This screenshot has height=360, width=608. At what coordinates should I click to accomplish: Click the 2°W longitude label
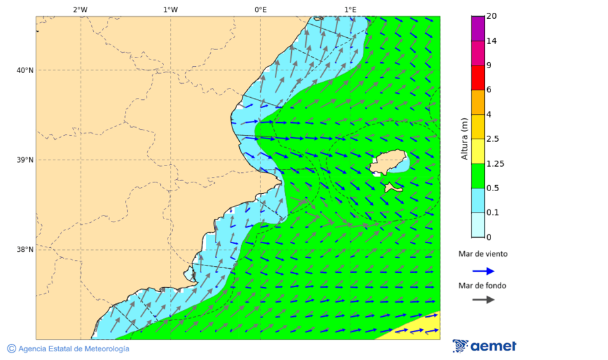[x=80, y=9]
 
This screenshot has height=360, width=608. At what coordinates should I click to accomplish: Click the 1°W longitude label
[x=170, y=9]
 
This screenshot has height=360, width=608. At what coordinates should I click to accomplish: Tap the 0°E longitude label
[x=260, y=9]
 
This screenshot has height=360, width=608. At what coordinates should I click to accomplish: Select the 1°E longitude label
[x=350, y=9]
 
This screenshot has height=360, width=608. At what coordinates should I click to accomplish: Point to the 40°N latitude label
[x=25, y=70]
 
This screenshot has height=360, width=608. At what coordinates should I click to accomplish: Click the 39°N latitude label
[x=25, y=160]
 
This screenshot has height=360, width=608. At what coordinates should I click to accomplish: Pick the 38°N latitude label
[x=25, y=250]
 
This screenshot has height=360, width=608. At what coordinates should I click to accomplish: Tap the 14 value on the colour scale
[x=492, y=41]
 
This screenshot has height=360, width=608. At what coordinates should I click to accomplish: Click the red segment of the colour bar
[x=478, y=78]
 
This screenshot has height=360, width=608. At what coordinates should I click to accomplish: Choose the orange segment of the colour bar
[x=478, y=102]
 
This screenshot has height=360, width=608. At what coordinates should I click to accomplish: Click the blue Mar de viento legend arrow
[x=483, y=271]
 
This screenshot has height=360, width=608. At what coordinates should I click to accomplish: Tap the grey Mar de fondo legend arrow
[x=483, y=300]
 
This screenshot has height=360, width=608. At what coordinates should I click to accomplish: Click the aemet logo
[x=484, y=346]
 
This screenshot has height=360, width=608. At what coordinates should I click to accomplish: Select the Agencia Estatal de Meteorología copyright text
[x=68, y=349]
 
